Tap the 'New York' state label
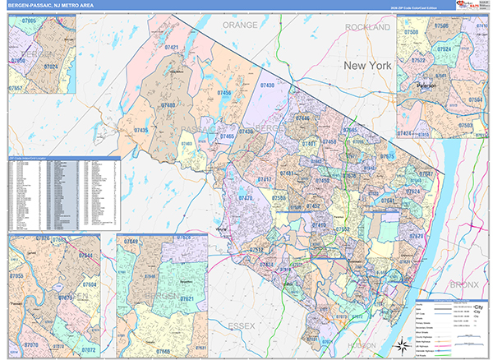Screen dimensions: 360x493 point(365,65)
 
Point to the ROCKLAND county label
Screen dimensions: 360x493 point(368,27)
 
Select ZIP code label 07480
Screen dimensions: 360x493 point(168,105)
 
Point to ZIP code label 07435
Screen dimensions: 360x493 point(141,130)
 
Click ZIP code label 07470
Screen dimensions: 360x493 point(245,198)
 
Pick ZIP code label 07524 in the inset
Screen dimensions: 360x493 point(444,49)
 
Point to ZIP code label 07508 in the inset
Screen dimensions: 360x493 point(411,33)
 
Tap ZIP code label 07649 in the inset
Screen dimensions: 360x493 point(131,242)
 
